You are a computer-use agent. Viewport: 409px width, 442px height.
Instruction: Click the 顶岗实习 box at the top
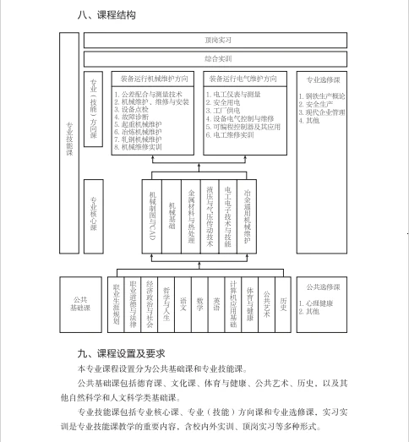[217, 40]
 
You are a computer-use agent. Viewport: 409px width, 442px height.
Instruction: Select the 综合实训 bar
[217, 58]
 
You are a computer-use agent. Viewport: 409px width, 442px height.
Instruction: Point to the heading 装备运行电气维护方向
[247, 79]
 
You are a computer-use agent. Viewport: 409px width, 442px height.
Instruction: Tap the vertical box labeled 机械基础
[172, 215]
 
